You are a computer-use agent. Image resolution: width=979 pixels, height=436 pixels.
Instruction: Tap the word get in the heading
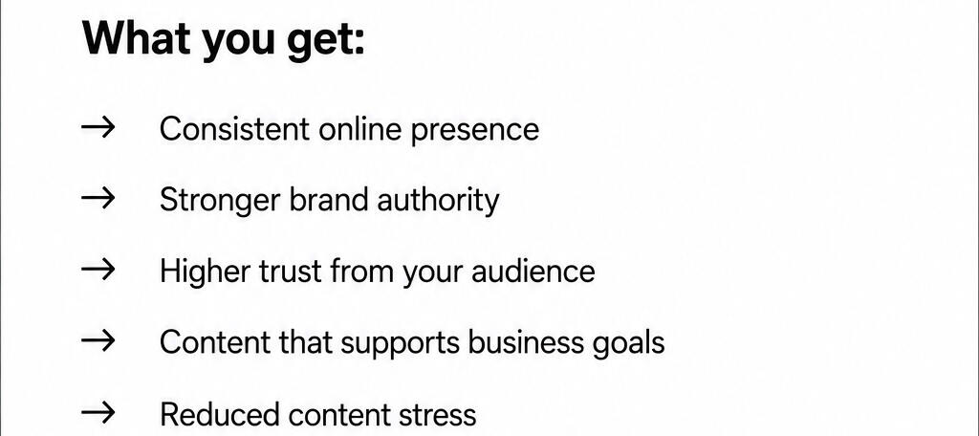(317, 41)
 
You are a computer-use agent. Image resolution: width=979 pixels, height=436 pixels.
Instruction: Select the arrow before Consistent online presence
(98, 128)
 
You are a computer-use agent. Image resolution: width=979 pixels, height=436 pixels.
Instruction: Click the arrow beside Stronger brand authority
(98, 199)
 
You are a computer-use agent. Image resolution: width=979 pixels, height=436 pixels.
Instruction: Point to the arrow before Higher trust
(98, 271)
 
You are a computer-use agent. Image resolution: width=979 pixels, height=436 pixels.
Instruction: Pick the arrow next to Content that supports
(98, 341)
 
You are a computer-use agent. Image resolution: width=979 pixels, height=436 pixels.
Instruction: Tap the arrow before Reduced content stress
(98, 412)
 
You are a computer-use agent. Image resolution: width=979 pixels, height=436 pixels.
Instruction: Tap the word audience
(533, 272)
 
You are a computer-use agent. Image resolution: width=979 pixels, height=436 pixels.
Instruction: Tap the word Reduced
(220, 414)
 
